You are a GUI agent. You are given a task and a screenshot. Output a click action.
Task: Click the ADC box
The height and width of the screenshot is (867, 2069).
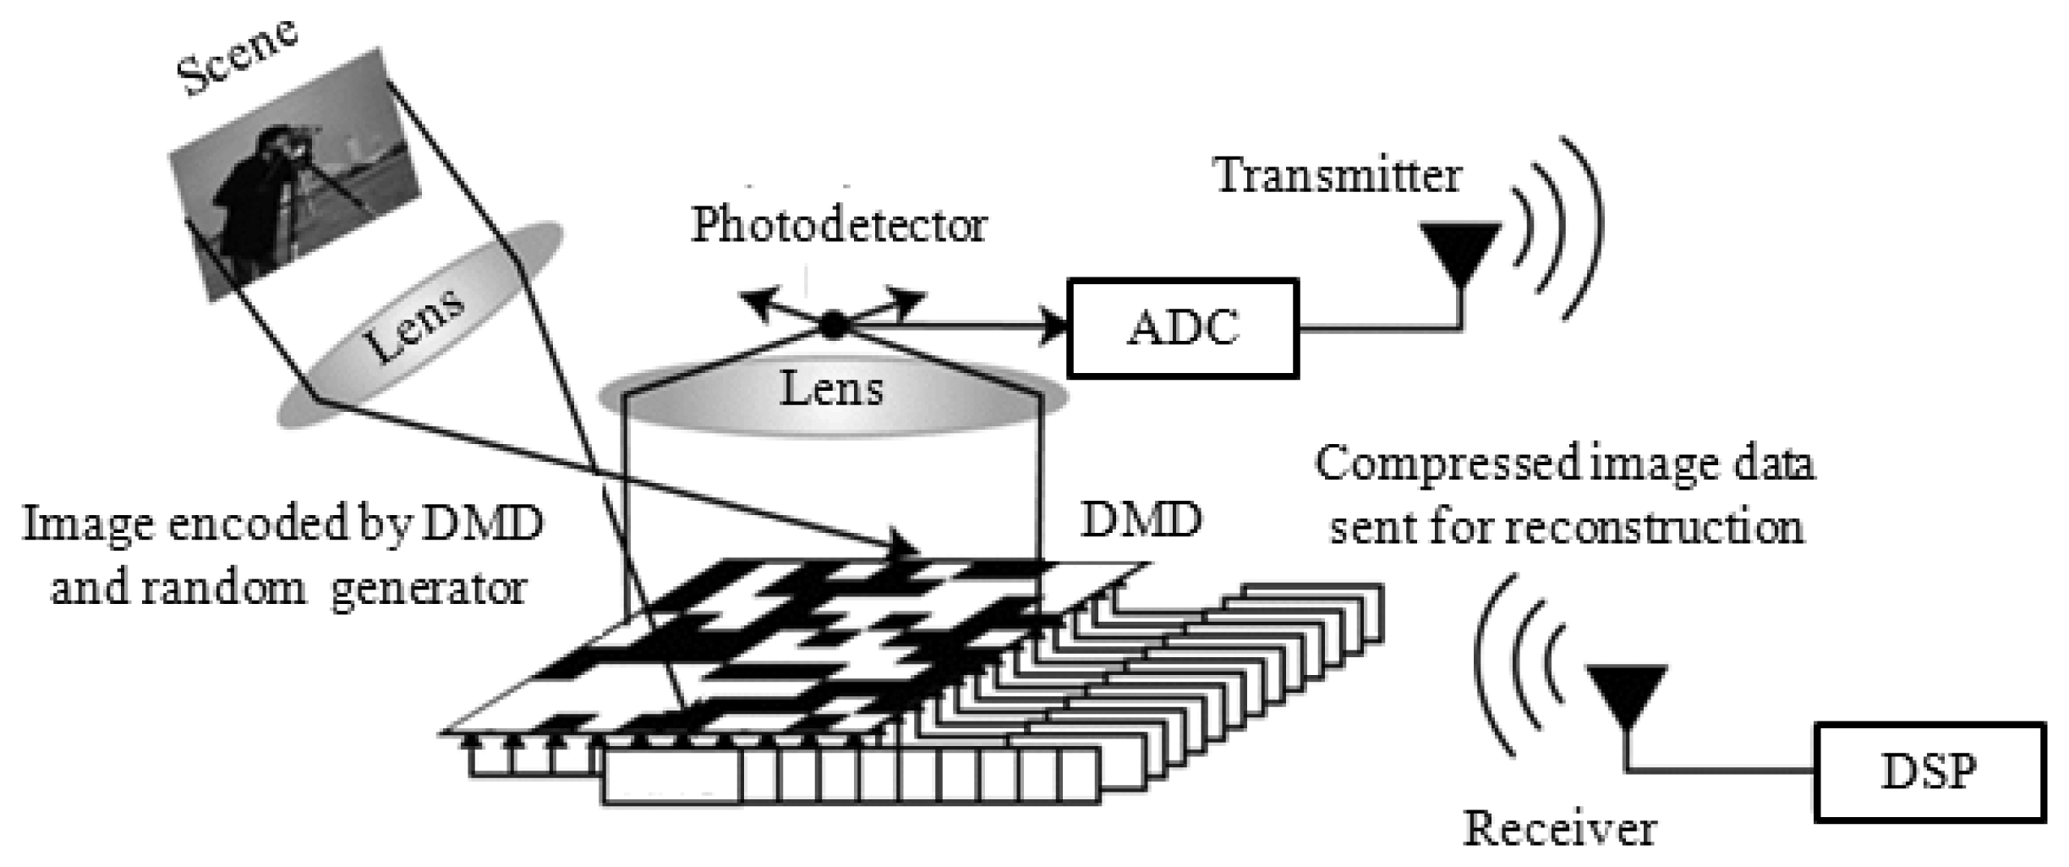pos(1182,327)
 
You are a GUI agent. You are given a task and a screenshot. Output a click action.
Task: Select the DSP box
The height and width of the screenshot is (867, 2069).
pos(1929,771)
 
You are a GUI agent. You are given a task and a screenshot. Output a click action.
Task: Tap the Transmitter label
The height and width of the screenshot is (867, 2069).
pos(1338,176)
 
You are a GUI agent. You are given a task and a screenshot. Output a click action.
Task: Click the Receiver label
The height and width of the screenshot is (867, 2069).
pos(1559,829)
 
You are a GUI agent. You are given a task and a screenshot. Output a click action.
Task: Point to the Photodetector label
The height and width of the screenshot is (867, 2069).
pos(839,226)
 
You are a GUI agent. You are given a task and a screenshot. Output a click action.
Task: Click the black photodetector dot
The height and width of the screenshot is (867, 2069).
pos(834,325)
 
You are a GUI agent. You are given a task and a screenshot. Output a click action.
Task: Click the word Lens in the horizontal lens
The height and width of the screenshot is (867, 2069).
pos(831,389)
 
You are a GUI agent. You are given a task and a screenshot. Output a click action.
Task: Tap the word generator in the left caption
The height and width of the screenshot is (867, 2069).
pos(429,588)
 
